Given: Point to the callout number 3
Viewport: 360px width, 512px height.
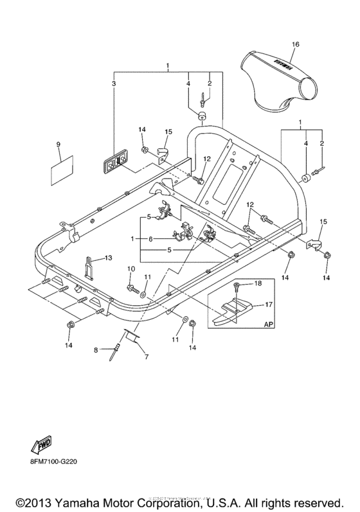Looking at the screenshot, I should (x=114, y=84).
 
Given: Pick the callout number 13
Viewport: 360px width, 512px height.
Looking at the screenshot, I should (x=108, y=258).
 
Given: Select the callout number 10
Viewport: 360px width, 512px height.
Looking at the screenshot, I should (x=130, y=268).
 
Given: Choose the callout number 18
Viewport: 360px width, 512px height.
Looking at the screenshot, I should (x=258, y=283).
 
